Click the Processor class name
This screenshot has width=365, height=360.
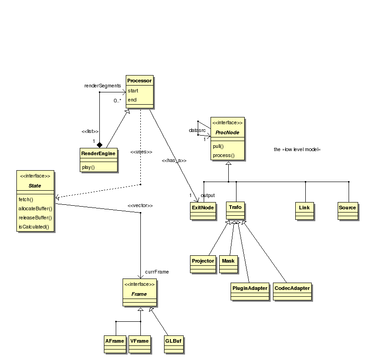click(139, 81)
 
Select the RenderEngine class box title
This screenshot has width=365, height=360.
click(98, 153)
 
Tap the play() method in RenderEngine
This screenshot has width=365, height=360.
click(88, 167)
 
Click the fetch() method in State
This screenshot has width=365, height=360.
click(26, 199)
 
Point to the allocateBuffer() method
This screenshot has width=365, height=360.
click(36, 208)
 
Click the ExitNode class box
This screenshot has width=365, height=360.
click(202, 210)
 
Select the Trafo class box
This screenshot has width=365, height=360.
click(236, 210)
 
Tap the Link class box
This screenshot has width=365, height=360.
click(304, 210)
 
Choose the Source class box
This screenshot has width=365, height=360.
click(347, 210)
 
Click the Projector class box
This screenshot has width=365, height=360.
click(203, 264)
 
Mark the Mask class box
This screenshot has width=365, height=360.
click(228, 264)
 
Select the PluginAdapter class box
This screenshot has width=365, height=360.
click(249, 291)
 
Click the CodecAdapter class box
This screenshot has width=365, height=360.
click(292, 291)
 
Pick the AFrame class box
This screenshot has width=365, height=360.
click(115, 344)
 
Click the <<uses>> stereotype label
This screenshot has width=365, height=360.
click(141, 152)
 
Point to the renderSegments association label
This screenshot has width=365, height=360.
click(103, 85)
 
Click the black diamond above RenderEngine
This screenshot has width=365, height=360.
click(99, 144)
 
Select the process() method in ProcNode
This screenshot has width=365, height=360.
click(223, 155)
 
